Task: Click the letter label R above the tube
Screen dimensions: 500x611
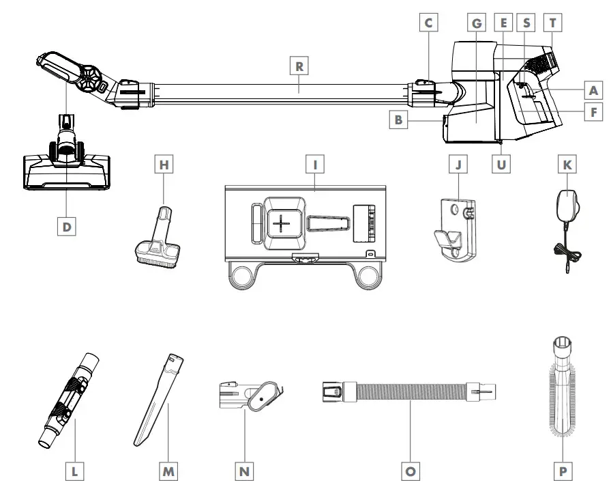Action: [299, 66]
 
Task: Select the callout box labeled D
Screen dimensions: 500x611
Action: [66, 226]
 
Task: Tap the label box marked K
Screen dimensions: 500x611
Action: [565, 165]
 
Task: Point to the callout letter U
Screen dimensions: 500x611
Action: [503, 165]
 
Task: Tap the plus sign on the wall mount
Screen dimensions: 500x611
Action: [280, 224]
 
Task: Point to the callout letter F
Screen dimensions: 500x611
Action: [593, 111]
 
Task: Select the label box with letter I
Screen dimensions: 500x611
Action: [316, 165]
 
